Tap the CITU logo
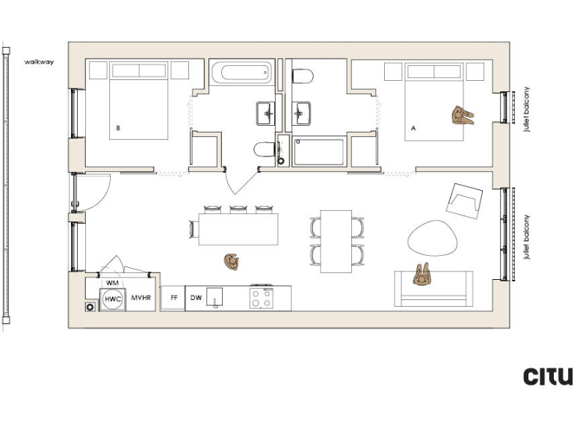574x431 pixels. pos(548,376)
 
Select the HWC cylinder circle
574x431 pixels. pos(113,299)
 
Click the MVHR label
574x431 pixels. pos(141,299)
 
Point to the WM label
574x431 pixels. pos(112,283)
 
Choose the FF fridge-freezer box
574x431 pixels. pos(173,298)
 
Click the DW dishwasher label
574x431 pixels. pos(196,298)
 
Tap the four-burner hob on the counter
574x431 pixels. pos(261,298)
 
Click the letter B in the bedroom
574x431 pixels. pos(118,129)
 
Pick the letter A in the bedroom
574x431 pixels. pos(413,129)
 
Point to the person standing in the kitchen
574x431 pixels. pos(232,262)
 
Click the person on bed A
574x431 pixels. pos(462,115)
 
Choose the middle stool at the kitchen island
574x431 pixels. pos(238,210)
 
